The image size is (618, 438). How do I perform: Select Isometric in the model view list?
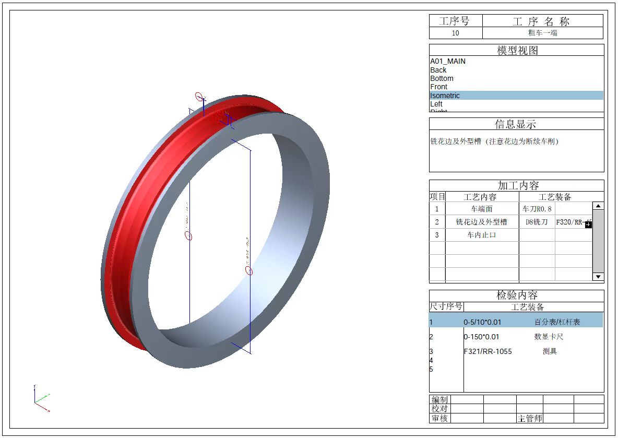(x=445, y=96)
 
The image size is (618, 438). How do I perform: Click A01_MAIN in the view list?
(x=448, y=61)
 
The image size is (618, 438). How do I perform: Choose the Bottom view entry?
(x=442, y=78)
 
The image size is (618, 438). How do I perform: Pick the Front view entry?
(x=439, y=87)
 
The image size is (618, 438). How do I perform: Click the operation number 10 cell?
(x=456, y=33)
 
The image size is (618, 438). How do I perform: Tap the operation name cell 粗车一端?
(x=542, y=33)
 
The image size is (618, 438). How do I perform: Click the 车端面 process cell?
(x=481, y=209)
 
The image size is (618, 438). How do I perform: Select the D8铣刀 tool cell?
(x=537, y=222)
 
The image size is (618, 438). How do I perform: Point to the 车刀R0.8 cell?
(x=537, y=209)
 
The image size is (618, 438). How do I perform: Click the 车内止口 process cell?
(x=481, y=235)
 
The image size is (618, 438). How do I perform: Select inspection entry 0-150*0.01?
(x=481, y=337)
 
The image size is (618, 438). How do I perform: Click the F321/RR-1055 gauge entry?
(x=488, y=351)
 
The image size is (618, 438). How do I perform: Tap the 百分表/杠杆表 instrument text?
(x=557, y=322)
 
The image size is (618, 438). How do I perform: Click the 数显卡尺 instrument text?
(x=549, y=337)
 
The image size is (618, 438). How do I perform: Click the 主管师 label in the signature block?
(x=530, y=418)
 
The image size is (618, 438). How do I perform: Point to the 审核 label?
(x=439, y=418)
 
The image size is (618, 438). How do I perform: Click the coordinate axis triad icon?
(x=41, y=399)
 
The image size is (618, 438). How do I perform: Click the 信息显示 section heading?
(x=516, y=124)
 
